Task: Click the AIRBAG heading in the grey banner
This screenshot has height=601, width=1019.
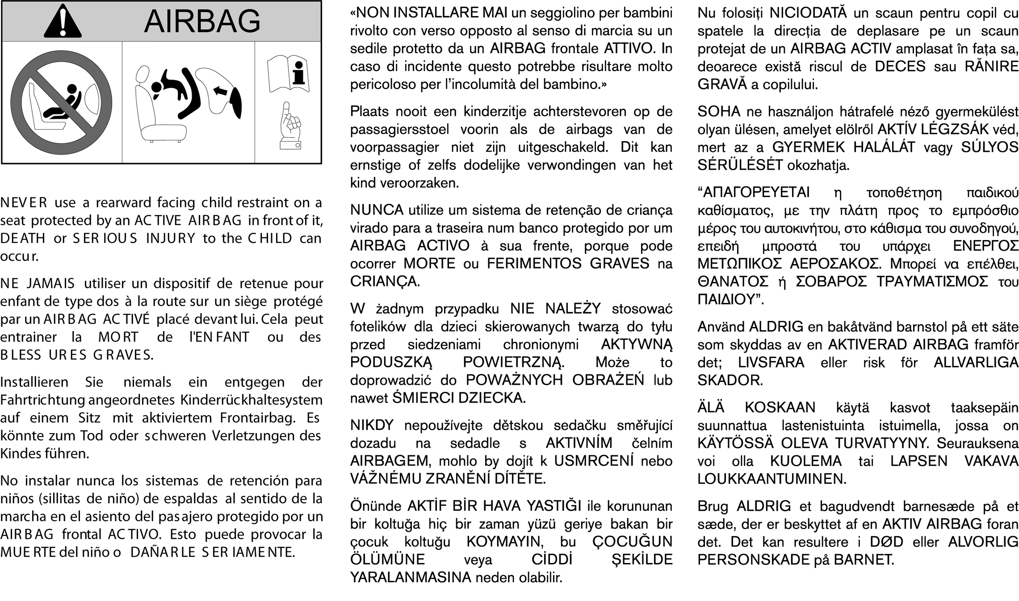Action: point(202,21)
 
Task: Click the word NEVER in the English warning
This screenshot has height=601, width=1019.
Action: point(24,203)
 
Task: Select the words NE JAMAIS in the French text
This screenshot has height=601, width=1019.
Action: point(38,284)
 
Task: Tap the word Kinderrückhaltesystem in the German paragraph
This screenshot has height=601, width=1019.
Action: point(252,400)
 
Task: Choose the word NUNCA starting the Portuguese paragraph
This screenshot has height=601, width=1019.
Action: point(377,210)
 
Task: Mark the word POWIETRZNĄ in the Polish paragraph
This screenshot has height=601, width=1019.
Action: point(513,362)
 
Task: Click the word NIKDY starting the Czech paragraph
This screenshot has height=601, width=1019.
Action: point(372,425)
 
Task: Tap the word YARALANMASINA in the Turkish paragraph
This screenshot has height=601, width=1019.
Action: point(411,577)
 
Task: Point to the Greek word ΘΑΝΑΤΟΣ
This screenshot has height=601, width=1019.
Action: point(733,282)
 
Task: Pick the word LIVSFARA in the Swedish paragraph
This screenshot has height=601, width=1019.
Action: point(771,362)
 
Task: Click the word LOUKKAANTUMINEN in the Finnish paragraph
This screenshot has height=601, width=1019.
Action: point(772,479)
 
